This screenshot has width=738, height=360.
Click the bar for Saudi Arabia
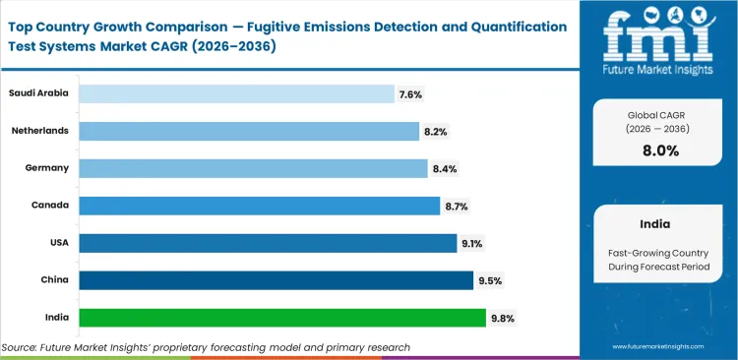pos(236,93)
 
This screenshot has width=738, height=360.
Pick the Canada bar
pos(259,206)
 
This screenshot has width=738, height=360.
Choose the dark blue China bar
pos(276,280)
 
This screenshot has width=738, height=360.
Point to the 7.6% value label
pos(410,94)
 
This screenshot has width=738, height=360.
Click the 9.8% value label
pos(502,318)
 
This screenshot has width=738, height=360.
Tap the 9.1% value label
pos(471,243)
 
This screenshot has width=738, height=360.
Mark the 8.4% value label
pos(444,169)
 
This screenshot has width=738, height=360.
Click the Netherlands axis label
pos(40,130)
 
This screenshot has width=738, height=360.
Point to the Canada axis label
pos(50,205)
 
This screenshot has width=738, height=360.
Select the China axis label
pos(54,279)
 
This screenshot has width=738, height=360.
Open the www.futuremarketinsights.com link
pos(660,347)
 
